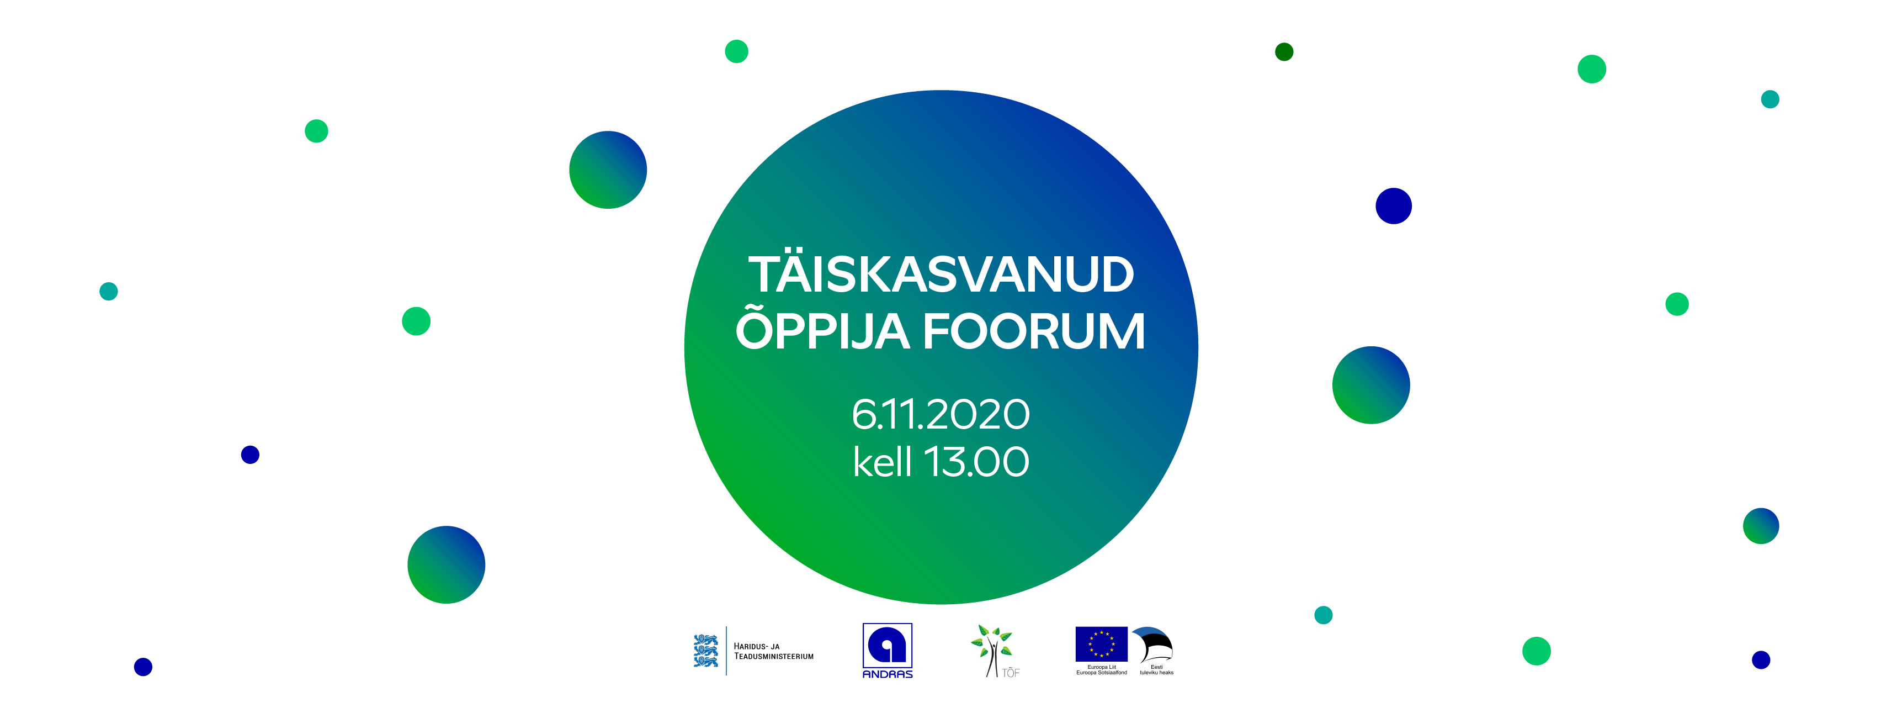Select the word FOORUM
[x=1034, y=332]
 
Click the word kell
[x=882, y=462]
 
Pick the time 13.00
[x=977, y=462]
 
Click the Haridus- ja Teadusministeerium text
[x=773, y=651]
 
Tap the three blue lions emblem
[x=706, y=651]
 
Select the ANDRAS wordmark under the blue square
[x=888, y=674]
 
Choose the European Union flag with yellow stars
[x=1101, y=644]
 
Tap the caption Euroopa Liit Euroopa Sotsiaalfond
[x=1101, y=669]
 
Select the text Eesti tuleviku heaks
[x=1157, y=669]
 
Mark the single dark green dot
[x=1284, y=52]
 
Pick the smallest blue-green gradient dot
[x=1761, y=526]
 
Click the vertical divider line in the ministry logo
[x=726, y=651]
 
